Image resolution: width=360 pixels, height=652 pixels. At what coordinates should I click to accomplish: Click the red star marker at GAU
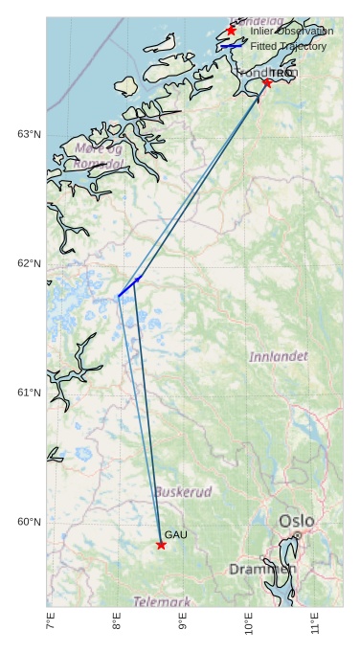tap(161, 545)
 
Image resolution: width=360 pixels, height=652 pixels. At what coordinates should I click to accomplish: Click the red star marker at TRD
tap(267, 83)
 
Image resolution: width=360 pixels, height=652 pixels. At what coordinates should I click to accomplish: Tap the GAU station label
tap(175, 534)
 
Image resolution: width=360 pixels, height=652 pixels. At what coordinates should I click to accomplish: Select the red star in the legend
tap(231, 31)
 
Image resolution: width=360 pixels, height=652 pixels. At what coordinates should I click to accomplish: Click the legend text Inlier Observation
tap(292, 32)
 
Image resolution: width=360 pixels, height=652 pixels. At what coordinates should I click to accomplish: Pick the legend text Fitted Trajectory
tap(288, 46)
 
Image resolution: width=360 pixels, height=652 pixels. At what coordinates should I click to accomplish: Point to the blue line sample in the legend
tap(231, 46)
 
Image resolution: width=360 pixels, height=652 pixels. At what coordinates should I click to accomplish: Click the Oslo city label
tap(296, 521)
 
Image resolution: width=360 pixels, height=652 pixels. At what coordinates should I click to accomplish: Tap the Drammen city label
tap(262, 570)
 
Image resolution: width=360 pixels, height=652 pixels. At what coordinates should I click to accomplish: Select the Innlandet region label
tap(279, 356)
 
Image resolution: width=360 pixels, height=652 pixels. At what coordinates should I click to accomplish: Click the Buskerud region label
tap(183, 492)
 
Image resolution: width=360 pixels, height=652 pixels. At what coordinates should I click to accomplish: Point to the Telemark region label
tap(162, 602)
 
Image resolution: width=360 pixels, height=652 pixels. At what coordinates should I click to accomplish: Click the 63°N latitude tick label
tap(29, 134)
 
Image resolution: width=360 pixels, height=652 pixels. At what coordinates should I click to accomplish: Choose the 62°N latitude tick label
tap(29, 263)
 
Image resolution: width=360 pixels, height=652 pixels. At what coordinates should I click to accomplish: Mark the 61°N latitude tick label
tap(29, 393)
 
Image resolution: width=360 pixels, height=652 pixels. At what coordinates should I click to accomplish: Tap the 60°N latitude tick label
tap(29, 522)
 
